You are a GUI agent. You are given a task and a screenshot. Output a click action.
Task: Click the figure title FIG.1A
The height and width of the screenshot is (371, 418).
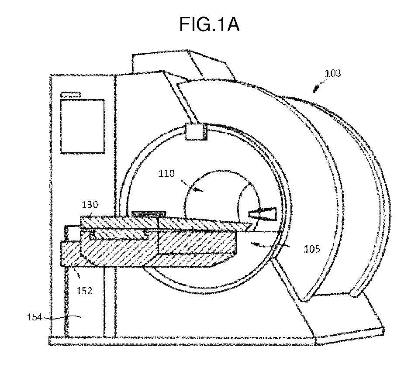tap(209, 24)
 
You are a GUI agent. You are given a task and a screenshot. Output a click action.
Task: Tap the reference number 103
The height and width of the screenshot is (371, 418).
tap(333, 73)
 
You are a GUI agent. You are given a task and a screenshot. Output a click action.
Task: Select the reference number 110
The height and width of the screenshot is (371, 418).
tap(166, 173)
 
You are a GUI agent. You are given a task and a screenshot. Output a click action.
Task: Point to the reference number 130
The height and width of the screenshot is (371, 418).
tap(90, 205)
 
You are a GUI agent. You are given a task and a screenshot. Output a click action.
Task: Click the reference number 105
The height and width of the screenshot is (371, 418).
tap(312, 249)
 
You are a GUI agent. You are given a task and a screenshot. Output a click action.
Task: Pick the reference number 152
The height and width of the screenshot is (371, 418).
tap(84, 291)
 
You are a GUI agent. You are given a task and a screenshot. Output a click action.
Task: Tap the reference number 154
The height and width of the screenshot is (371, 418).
tap(35, 317)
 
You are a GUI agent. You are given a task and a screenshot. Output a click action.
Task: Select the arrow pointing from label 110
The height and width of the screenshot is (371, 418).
tap(192, 186)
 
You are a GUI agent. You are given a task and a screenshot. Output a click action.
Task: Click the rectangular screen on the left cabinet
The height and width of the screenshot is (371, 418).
tap(82, 127)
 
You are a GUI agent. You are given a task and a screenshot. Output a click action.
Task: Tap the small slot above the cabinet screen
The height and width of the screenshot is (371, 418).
tap(70, 94)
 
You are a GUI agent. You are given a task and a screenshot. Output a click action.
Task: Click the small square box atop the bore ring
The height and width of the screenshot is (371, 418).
tap(196, 131)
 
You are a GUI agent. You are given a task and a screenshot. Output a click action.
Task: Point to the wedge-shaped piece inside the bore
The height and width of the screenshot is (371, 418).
tap(263, 214)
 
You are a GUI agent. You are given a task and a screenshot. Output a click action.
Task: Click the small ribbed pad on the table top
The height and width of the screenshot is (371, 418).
tap(149, 213)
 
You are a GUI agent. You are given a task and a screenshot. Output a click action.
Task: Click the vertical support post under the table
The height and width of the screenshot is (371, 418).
tap(110, 301)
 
